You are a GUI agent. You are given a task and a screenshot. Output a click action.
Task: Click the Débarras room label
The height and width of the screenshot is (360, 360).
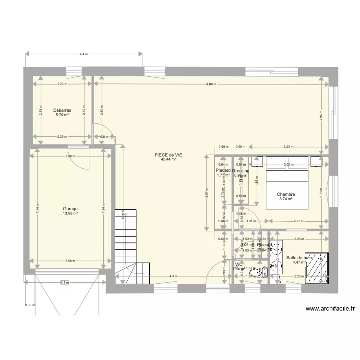[x=62, y=110]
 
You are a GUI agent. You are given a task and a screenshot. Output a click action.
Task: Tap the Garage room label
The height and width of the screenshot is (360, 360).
[x=70, y=209]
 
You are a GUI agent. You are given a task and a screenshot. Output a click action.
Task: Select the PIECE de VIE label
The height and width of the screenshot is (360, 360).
[x=168, y=155]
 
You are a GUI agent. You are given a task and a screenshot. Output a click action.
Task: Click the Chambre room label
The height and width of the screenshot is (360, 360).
[x=285, y=194]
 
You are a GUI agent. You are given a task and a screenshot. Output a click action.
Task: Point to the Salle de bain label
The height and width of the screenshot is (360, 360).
[x=299, y=257]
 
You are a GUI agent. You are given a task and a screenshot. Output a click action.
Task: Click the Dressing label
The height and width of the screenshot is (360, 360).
[x=240, y=171]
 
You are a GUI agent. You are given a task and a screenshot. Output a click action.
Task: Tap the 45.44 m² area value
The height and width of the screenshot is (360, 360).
[x=168, y=159]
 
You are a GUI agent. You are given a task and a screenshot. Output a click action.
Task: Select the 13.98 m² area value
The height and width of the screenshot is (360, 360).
[x=70, y=214]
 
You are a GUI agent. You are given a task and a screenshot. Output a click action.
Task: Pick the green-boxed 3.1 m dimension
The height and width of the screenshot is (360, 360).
[x=64, y=283]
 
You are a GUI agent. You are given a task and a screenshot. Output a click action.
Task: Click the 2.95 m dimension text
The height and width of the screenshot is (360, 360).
[x=321, y=115]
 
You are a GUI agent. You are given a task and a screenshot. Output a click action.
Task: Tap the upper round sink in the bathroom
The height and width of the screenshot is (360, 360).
[x=276, y=248]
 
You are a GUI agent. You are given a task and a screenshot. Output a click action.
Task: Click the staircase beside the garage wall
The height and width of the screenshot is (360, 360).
[x=126, y=245]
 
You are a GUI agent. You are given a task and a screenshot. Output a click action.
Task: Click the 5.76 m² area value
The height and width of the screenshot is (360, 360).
[x=62, y=115]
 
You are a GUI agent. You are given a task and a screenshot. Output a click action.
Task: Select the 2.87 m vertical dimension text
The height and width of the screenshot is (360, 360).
[x=206, y=192]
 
